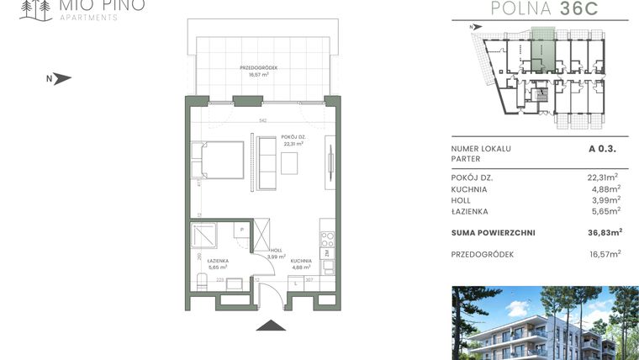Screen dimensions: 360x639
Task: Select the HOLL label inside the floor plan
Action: point(277,251)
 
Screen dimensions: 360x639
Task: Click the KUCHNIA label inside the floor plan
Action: point(302,263)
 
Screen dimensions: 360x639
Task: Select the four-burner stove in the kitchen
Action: point(328,237)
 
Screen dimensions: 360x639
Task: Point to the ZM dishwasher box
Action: point(328,252)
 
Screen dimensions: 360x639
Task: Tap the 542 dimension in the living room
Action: point(263,121)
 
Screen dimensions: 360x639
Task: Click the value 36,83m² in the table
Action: point(604,232)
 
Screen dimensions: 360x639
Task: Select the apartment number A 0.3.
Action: point(605,149)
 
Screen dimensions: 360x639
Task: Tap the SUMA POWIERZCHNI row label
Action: point(493,232)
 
